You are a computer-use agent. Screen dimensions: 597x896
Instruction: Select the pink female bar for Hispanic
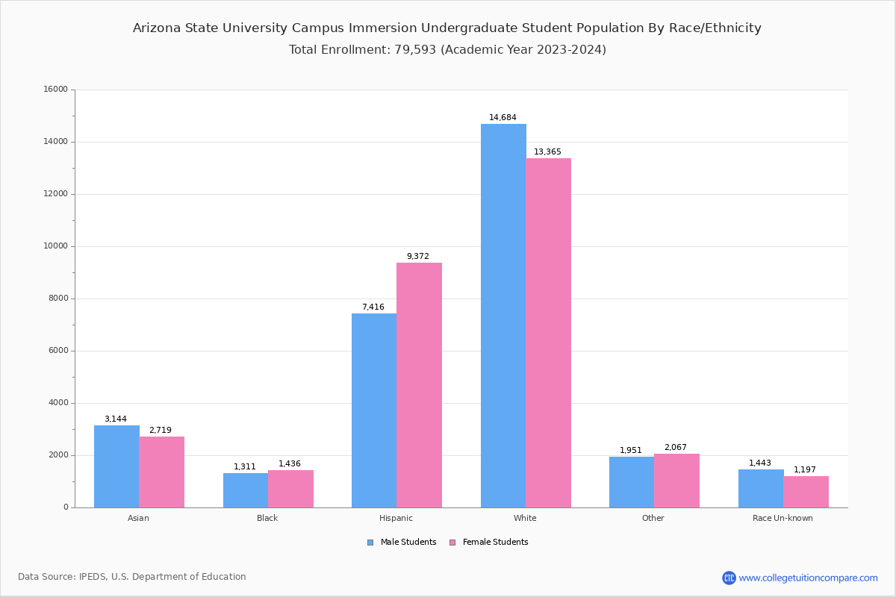(x=419, y=385)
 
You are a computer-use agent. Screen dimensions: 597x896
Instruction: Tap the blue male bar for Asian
(x=116, y=466)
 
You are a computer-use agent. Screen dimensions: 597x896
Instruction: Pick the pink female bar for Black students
(x=290, y=489)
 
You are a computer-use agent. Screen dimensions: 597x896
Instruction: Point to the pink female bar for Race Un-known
(x=806, y=492)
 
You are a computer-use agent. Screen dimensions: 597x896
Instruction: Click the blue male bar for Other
(x=632, y=482)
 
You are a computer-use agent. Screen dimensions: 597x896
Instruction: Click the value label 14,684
(x=503, y=118)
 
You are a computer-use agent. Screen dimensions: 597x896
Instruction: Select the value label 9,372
(x=418, y=257)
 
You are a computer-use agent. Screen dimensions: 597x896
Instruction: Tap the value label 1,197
(x=805, y=470)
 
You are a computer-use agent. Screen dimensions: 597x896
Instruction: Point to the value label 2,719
(x=161, y=431)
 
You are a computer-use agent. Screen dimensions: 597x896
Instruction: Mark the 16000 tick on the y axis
(x=56, y=90)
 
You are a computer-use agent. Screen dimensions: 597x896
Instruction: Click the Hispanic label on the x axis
(x=396, y=518)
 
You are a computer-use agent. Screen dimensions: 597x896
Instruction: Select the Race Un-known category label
(x=783, y=518)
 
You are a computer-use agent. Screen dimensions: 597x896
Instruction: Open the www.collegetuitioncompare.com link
(x=808, y=578)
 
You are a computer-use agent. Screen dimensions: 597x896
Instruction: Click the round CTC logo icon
(x=729, y=578)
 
